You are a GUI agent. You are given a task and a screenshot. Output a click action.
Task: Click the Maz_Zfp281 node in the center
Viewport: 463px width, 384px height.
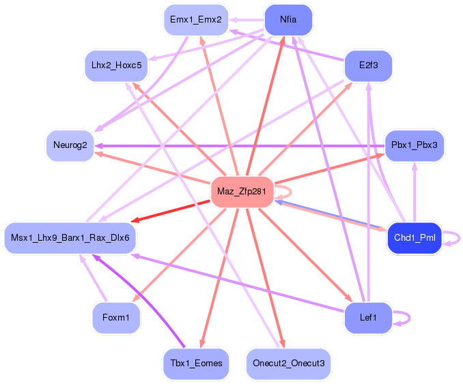click(x=242, y=191)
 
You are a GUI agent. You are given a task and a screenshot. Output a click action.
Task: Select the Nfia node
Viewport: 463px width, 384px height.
click(x=288, y=20)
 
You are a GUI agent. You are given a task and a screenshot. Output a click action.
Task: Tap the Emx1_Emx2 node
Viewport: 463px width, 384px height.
click(x=195, y=20)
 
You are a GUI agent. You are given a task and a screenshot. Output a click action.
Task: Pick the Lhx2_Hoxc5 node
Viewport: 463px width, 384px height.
click(x=116, y=65)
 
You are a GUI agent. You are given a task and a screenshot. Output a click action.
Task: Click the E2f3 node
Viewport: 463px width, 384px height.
click(x=368, y=65)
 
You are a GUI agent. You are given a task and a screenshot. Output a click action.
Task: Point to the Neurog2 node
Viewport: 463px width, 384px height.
click(x=70, y=145)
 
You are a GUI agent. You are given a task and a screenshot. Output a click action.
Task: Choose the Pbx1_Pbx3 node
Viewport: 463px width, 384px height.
click(x=415, y=145)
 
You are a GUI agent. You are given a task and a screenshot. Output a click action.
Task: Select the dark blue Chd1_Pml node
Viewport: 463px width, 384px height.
click(x=414, y=238)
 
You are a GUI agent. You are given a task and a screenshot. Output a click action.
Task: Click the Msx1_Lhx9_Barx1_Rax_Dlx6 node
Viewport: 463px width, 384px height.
click(x=70, y=238)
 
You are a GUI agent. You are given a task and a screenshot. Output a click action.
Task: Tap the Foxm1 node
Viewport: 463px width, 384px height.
click(x=116, y=317)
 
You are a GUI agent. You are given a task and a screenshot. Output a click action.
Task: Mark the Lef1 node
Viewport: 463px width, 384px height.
click(x=368, y=317)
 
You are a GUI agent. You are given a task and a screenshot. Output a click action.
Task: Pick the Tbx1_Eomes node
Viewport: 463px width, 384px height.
click(x=195, y=363)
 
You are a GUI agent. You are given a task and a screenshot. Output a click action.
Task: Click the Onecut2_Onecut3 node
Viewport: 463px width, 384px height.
click(x=288, y=363)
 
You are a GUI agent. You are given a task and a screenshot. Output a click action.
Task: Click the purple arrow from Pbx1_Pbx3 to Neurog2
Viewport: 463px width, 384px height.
click(x=239, y=145)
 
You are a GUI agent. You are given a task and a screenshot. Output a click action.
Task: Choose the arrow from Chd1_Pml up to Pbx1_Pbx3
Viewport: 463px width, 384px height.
click(x=414, y=194)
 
